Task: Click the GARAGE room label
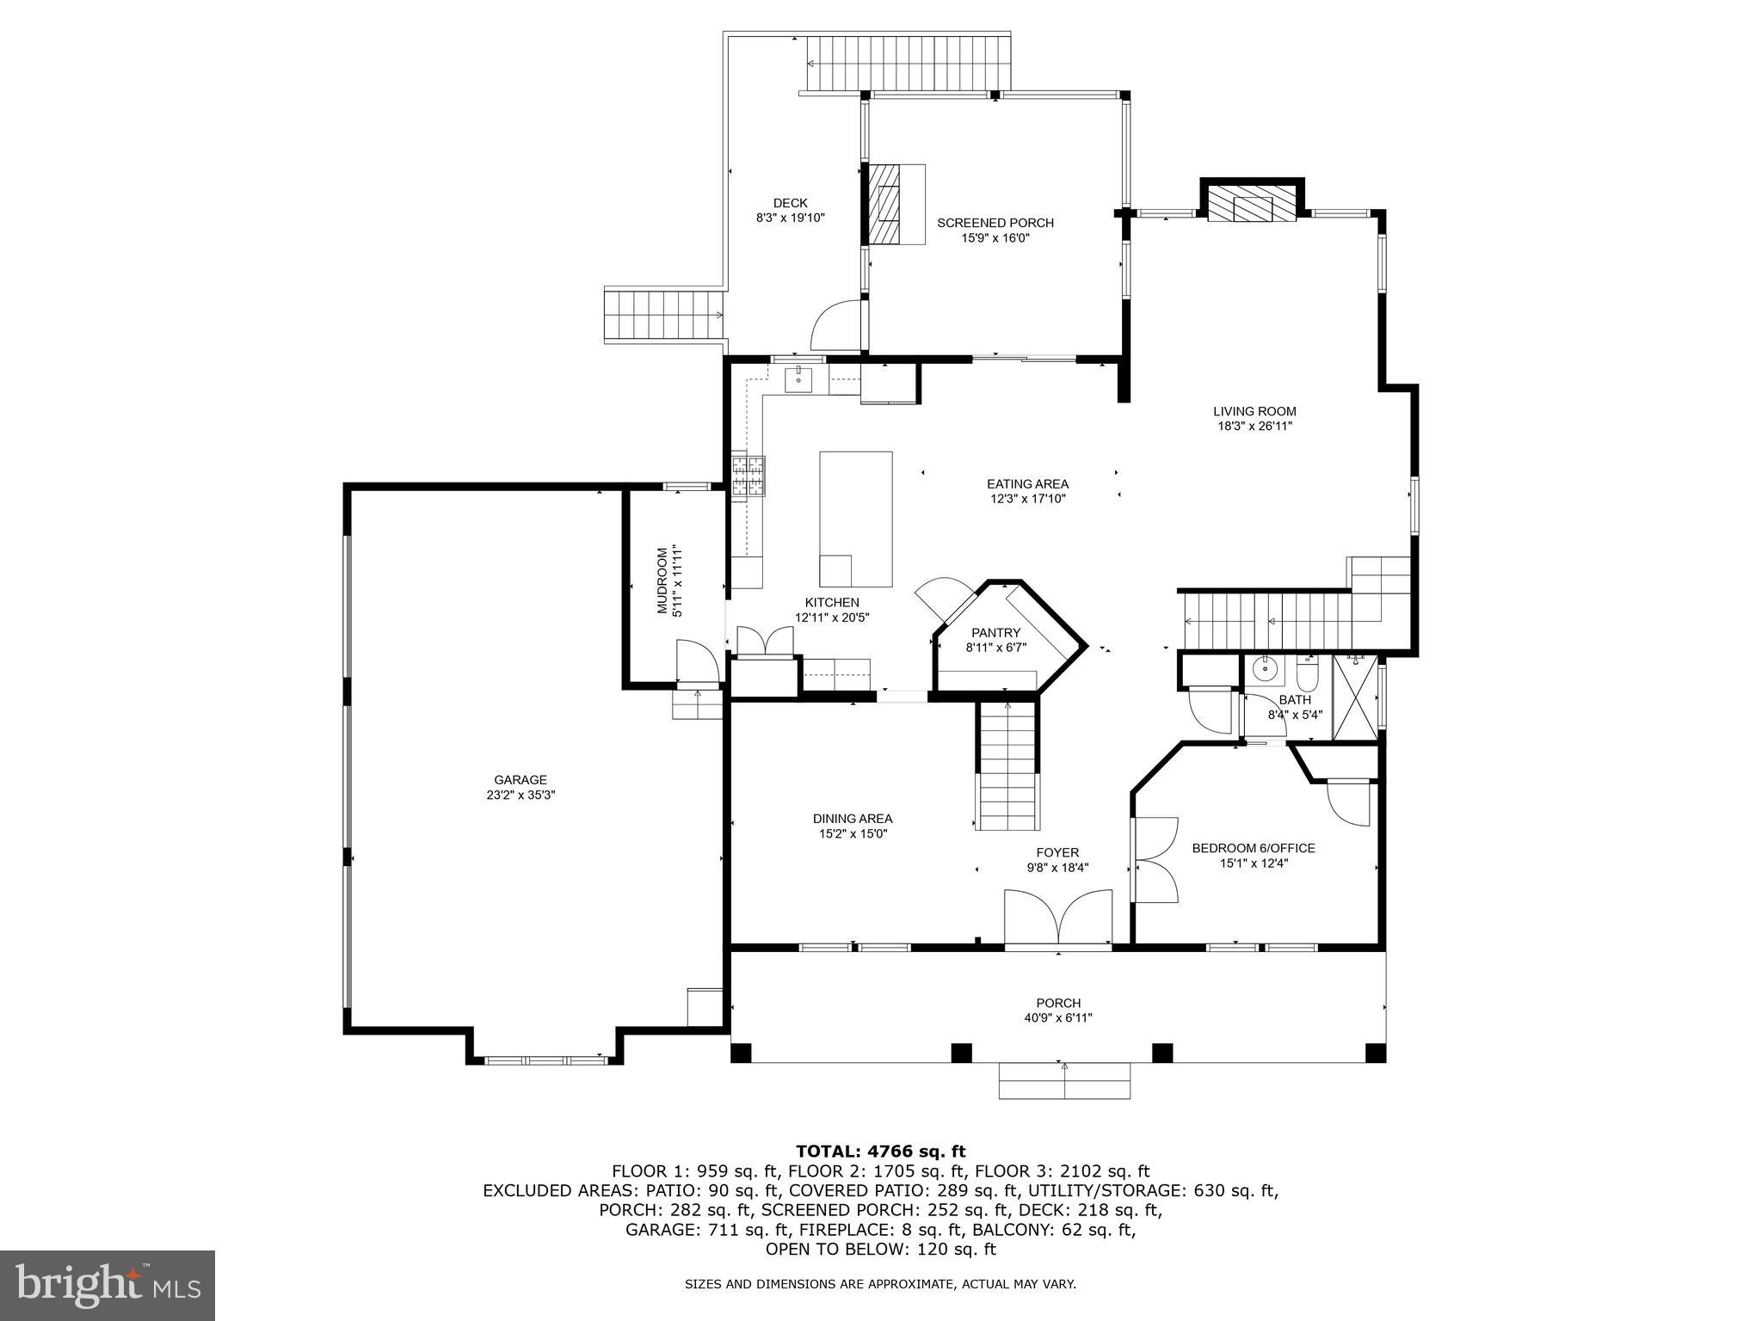(x=520, y=780)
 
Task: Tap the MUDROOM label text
(x=662, y=581)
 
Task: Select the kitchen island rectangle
(x=855, y=519)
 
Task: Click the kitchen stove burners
(x=748, y=476)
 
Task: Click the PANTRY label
(x=995, y=633)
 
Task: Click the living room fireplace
(x=1252, y=206)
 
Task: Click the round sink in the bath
(x=1265, y=667)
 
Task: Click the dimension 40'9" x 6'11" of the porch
(x=1057, y=1018)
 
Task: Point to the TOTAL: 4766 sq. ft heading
(x=880, y=1152)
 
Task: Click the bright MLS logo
(x=107, y=1286)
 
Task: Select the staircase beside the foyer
(x=1007, y=765)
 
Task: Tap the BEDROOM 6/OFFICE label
(x=1253, y=848)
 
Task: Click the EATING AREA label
(x=1027, y=484)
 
